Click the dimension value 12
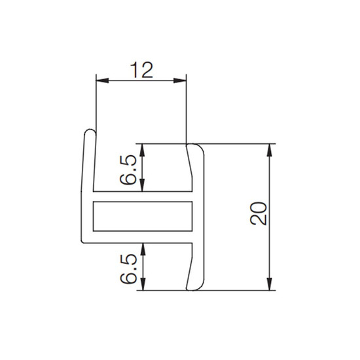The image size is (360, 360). click(x=141, y=69)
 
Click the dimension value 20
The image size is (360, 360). click(x=259, y=213)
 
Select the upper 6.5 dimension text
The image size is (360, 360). click(x=128, y=170)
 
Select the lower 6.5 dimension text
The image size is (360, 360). click(x=128, y=269)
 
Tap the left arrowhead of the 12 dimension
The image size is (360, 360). click(x=102, y=81)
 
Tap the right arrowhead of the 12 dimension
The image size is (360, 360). click(x=180, y=81)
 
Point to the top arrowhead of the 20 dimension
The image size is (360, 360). click(x=269, y=150)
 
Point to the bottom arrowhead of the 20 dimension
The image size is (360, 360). click(x=269, y=284)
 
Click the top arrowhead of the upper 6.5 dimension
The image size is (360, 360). click(x=143, y=150)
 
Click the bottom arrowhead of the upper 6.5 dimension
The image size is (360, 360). click(x=143, y=185)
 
